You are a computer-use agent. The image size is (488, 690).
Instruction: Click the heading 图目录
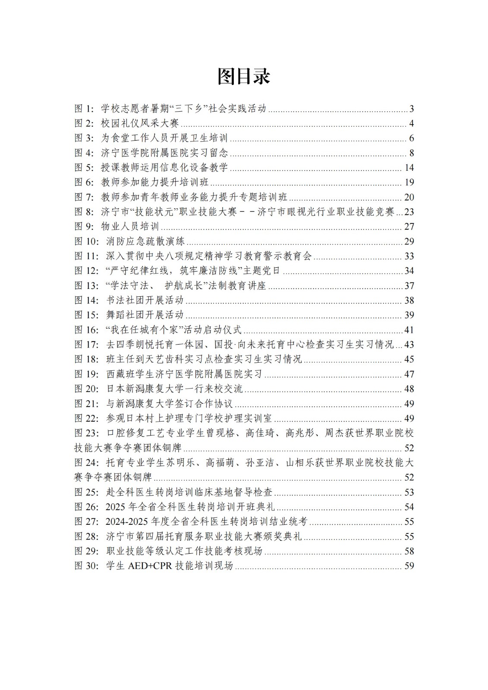click(244, 77)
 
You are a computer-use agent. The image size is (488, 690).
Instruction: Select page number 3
click(412, 109)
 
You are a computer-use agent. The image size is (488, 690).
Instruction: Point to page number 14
click(409, 168)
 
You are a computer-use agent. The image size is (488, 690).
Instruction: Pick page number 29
click(409, 241)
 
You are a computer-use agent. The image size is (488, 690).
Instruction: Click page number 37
click(409, 286)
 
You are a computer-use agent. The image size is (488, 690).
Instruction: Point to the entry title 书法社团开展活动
click(145, 301)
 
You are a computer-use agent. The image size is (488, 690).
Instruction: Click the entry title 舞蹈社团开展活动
click(145, 315)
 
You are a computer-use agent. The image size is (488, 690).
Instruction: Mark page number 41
click(409, 330)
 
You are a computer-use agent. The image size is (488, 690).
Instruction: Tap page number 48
click(409, 389)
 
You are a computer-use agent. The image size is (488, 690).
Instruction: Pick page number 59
click(409, 566)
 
